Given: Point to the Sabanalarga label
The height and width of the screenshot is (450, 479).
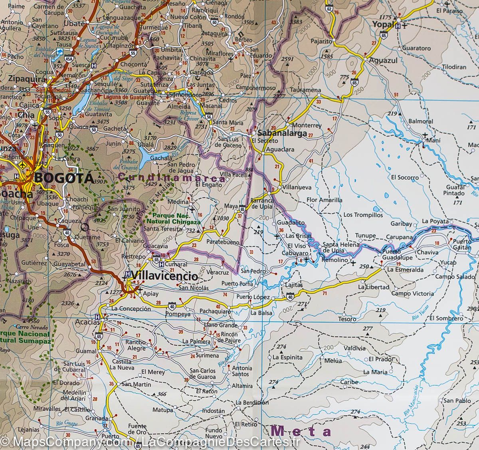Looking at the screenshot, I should tap(282, 133).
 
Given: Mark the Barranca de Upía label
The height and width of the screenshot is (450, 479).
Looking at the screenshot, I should tap(262, 203).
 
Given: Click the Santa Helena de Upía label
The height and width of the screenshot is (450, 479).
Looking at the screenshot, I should tap(339, 247).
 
